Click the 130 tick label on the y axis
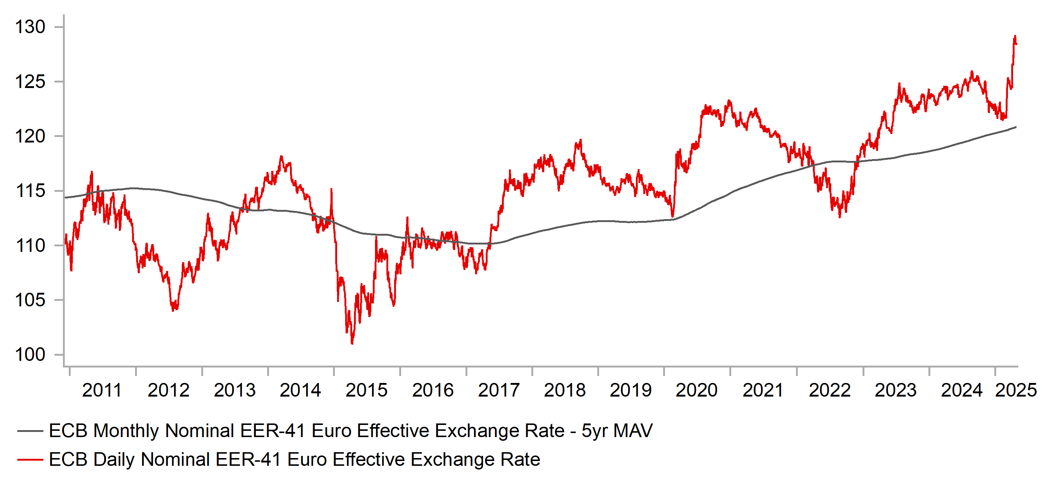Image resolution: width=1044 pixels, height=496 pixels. (x=30, y=27)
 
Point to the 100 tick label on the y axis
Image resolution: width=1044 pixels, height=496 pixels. (x=30, y=355)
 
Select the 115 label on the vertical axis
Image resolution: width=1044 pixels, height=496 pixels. (x=30, y=191)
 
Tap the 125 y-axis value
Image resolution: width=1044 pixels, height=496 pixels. (x=30, y=82)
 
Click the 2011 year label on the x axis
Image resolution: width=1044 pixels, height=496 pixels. (x=102, y=391)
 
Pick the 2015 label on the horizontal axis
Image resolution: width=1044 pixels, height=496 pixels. (x=367, y=391)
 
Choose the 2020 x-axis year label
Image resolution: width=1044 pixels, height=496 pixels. (x=697, y=391)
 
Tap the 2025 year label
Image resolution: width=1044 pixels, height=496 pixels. (x=1016, y=391)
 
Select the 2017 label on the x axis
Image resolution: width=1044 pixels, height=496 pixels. (x=499, y=391)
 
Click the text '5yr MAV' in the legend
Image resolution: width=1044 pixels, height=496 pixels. (x=617, y=431)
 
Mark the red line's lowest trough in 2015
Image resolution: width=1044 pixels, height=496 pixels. (x=352, y=343)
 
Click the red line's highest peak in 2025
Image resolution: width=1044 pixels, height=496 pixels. (x=1015, y=36)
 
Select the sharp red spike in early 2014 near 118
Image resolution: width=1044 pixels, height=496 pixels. (x=281, y=156)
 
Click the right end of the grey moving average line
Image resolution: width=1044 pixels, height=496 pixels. (x=1016, y=127)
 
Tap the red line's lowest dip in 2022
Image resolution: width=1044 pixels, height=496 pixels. (x=839, y=217)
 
